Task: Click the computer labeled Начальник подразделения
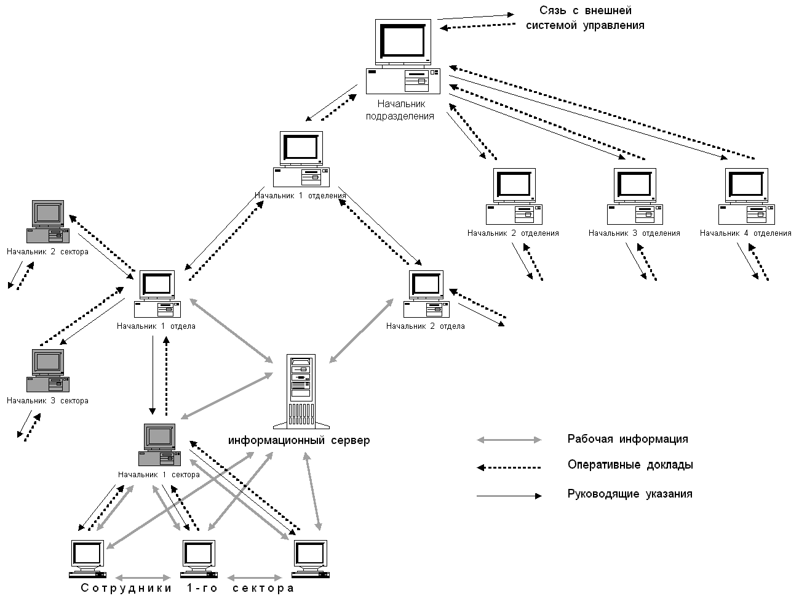click(x=403, y=55)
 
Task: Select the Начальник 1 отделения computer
click(x=301, y=158)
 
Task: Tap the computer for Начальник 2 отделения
click(x=514, y=196)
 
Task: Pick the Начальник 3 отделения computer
click(x=635, y=196)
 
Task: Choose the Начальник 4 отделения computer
click(x=746, y=196)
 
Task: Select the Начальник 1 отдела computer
click(x=157, y=294)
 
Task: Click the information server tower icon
click(x=301, y=390)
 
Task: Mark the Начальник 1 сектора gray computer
click(x=159, y=445)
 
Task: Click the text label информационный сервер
click(x=300, y=441)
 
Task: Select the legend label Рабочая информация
click(x=627, y=440)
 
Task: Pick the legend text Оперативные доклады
click(x=630, y=465)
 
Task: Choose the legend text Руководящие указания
click(x=630, y=494)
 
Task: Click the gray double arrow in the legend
click(x=509, y=440)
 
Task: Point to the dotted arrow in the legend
click(x=509, y=467)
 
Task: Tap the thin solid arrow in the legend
click(x=509, y=496)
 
